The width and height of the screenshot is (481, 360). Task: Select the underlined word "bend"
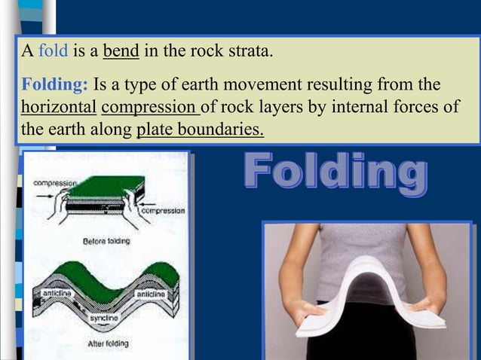pyautogui.click(x=119, y=54)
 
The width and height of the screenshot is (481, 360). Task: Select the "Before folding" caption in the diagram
pyautogui.click(x=106, y=242)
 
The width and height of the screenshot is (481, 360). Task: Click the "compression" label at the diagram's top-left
pyautogui.click(x=53, y=183)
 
